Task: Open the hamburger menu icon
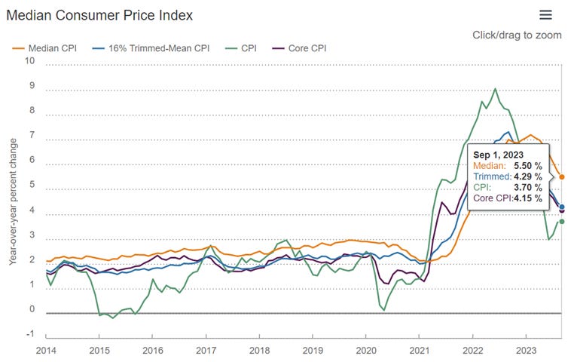[546, 15]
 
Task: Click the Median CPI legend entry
[53, 48]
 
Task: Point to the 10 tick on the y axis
[30, 62]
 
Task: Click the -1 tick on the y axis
[30, 335]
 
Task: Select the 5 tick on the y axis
[31, 186]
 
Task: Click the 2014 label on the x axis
[47, 350]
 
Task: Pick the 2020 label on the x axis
[365, 350]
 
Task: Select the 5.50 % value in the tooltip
[527, 164]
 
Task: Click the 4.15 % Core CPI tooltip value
[528, 198]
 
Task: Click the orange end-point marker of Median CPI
[562, 177]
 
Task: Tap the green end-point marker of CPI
[562, 221]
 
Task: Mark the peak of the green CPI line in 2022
[495, 89]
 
